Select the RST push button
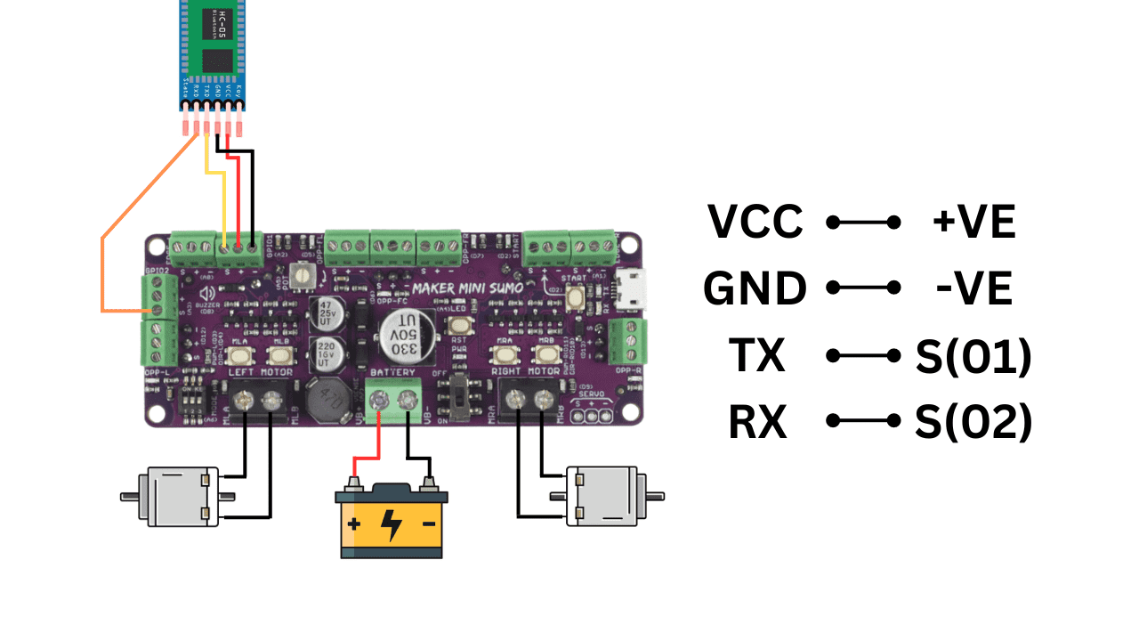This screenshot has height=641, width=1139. tap(461, 325)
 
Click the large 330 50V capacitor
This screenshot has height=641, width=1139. tap(400, 336)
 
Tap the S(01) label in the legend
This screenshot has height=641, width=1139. tap(973, 355)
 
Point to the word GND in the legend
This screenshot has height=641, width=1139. tap(755, 288)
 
